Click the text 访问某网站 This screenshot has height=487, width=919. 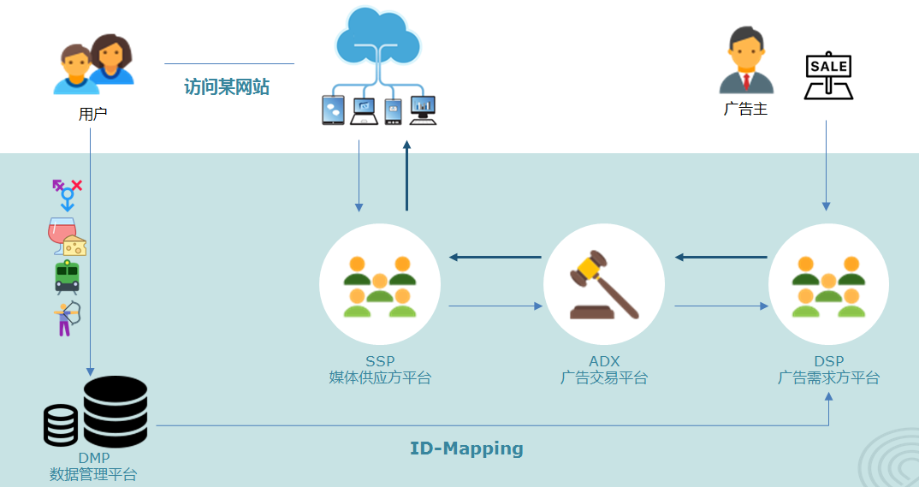point(227,87)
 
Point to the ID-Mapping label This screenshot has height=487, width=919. point(466,448)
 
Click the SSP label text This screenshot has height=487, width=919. point(380,361)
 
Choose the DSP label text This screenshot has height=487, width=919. point(828,361)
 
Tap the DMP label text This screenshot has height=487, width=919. point(93,458)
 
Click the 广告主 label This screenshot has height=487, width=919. point(745,109)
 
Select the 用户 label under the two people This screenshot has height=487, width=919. point(92,113)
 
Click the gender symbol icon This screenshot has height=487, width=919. point(67,194)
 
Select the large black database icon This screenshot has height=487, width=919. point(115,411)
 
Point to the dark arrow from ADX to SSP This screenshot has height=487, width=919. point(495,257)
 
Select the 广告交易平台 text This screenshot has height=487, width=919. point(604,377)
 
